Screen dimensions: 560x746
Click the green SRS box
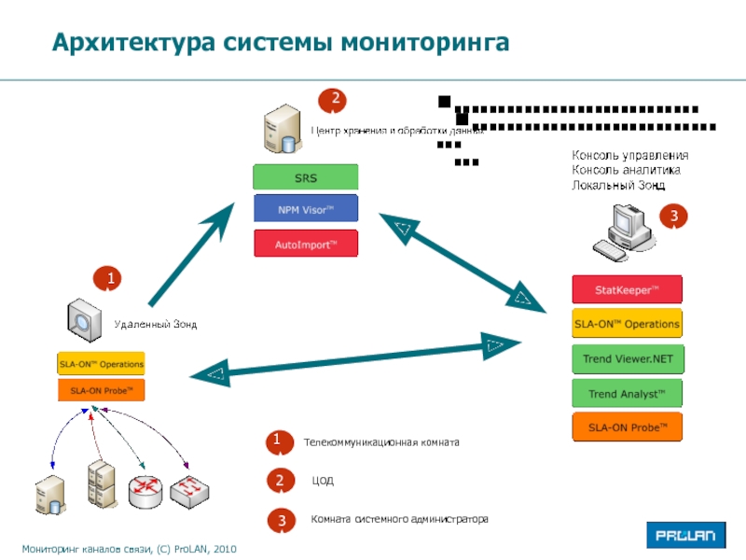pyautogui.click(x=306, y=177)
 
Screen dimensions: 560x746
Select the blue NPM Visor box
pyautogui.click(x=306, y=209)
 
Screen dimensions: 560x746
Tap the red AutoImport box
pyautogui.click(x=306, y=244)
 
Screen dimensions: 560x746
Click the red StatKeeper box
pyautogui.click(x=627, y=289)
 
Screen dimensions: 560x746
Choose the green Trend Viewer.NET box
pyautogui.click(x=627, y=357)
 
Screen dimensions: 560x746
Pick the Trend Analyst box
pyautogui.click(x=627, y=393)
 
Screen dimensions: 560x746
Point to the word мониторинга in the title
pyautogui.click(x=423, y=43)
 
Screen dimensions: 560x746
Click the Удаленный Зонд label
pyautogui.click(x=156, y=324)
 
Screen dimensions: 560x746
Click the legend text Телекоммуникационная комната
pyautogui.click(x=381, y=441)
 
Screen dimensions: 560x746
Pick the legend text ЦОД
pyautogui.click(x=323, y=481)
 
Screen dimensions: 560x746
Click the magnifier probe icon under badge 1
pyautogui.click(x=84, y=318)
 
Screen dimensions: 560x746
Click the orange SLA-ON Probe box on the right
pyautogui.click(x=627, y=427)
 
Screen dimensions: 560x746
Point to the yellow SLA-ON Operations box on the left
pyautogui.click(x=102, y=363)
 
